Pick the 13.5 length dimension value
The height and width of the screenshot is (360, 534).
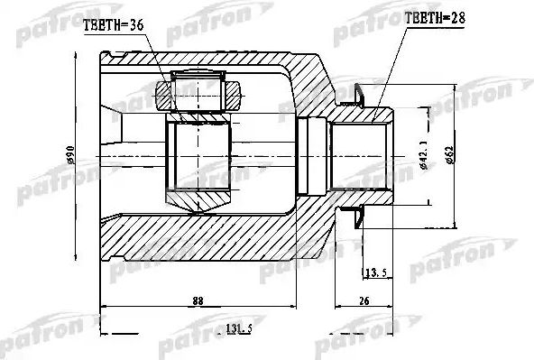click(375, 271)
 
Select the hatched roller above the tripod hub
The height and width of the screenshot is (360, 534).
click(198, 90)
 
